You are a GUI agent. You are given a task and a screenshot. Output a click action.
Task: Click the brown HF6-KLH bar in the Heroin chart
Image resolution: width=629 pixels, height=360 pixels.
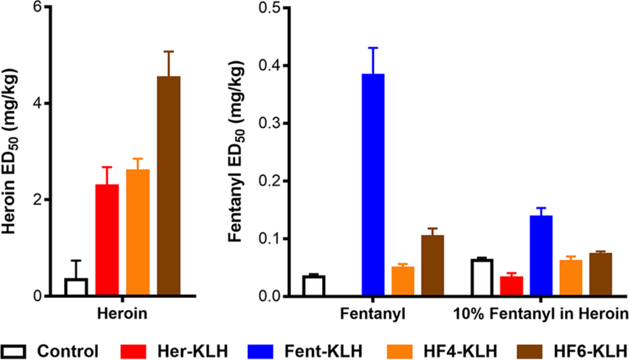pyautogui.click(x=168, y=186)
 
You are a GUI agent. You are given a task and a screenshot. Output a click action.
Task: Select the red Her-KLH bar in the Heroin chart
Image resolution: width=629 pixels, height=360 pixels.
pyautogui.click(x=107, y=240)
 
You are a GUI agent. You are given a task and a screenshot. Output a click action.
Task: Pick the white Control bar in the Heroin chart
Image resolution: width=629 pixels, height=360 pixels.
pyautogui.click(x=76, y=287)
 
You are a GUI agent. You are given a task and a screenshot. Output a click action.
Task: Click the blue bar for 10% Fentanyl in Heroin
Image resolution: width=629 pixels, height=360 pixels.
pyautogui.click(x=541, y=256)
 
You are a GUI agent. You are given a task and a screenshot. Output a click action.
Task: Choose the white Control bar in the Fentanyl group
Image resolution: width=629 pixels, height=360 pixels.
pyautogui.click(x=314, y=286)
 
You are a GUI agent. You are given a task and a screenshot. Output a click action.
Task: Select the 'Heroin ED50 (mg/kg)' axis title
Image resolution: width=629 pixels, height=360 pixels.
pyautogui.click(x=12, y=151)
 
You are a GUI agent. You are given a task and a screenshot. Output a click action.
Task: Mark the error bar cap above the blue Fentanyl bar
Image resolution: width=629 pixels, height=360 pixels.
pyautogui.click(x=373, y=47)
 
